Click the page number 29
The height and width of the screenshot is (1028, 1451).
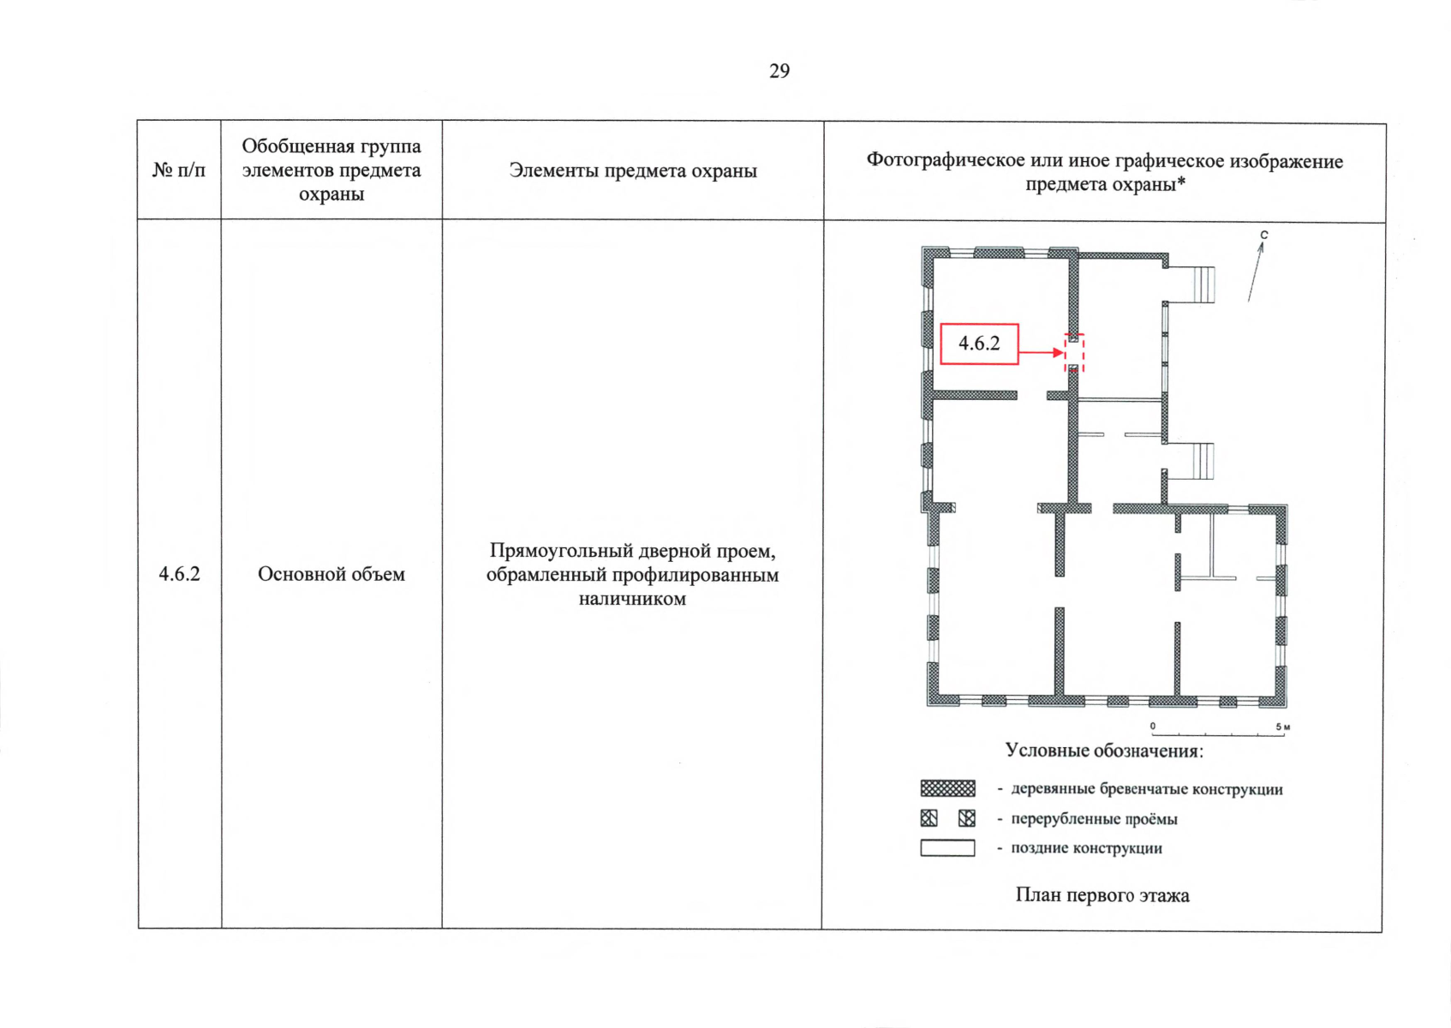point(779,70)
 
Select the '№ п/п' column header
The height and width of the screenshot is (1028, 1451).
point(179,170)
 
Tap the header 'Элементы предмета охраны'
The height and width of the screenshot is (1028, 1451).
point(633,170)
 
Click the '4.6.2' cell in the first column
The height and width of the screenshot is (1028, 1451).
point(179,574)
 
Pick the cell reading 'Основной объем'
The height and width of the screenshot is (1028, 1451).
point(331,574)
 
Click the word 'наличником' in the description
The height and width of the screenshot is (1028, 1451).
point(632,599)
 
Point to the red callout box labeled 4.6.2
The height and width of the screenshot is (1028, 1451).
point(979,344)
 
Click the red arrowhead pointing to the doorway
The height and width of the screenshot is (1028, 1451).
point(1059,353)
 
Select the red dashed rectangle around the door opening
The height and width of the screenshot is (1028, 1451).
point(1074,353)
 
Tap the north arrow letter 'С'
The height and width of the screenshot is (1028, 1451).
point(1263,235)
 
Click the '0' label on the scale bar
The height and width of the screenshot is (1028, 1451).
point(1153,726)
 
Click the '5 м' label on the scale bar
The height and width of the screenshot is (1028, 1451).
point(1282,726)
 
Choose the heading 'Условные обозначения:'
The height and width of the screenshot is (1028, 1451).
point(1104,750)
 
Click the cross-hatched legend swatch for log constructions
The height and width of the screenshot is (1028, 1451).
point(947,788)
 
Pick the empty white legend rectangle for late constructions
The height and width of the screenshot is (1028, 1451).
point(947,848)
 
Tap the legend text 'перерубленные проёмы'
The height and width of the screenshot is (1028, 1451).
point(1094,819)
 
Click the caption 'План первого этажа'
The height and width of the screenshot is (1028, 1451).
point(1102,895)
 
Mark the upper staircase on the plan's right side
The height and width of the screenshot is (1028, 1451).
point(1203,284)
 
